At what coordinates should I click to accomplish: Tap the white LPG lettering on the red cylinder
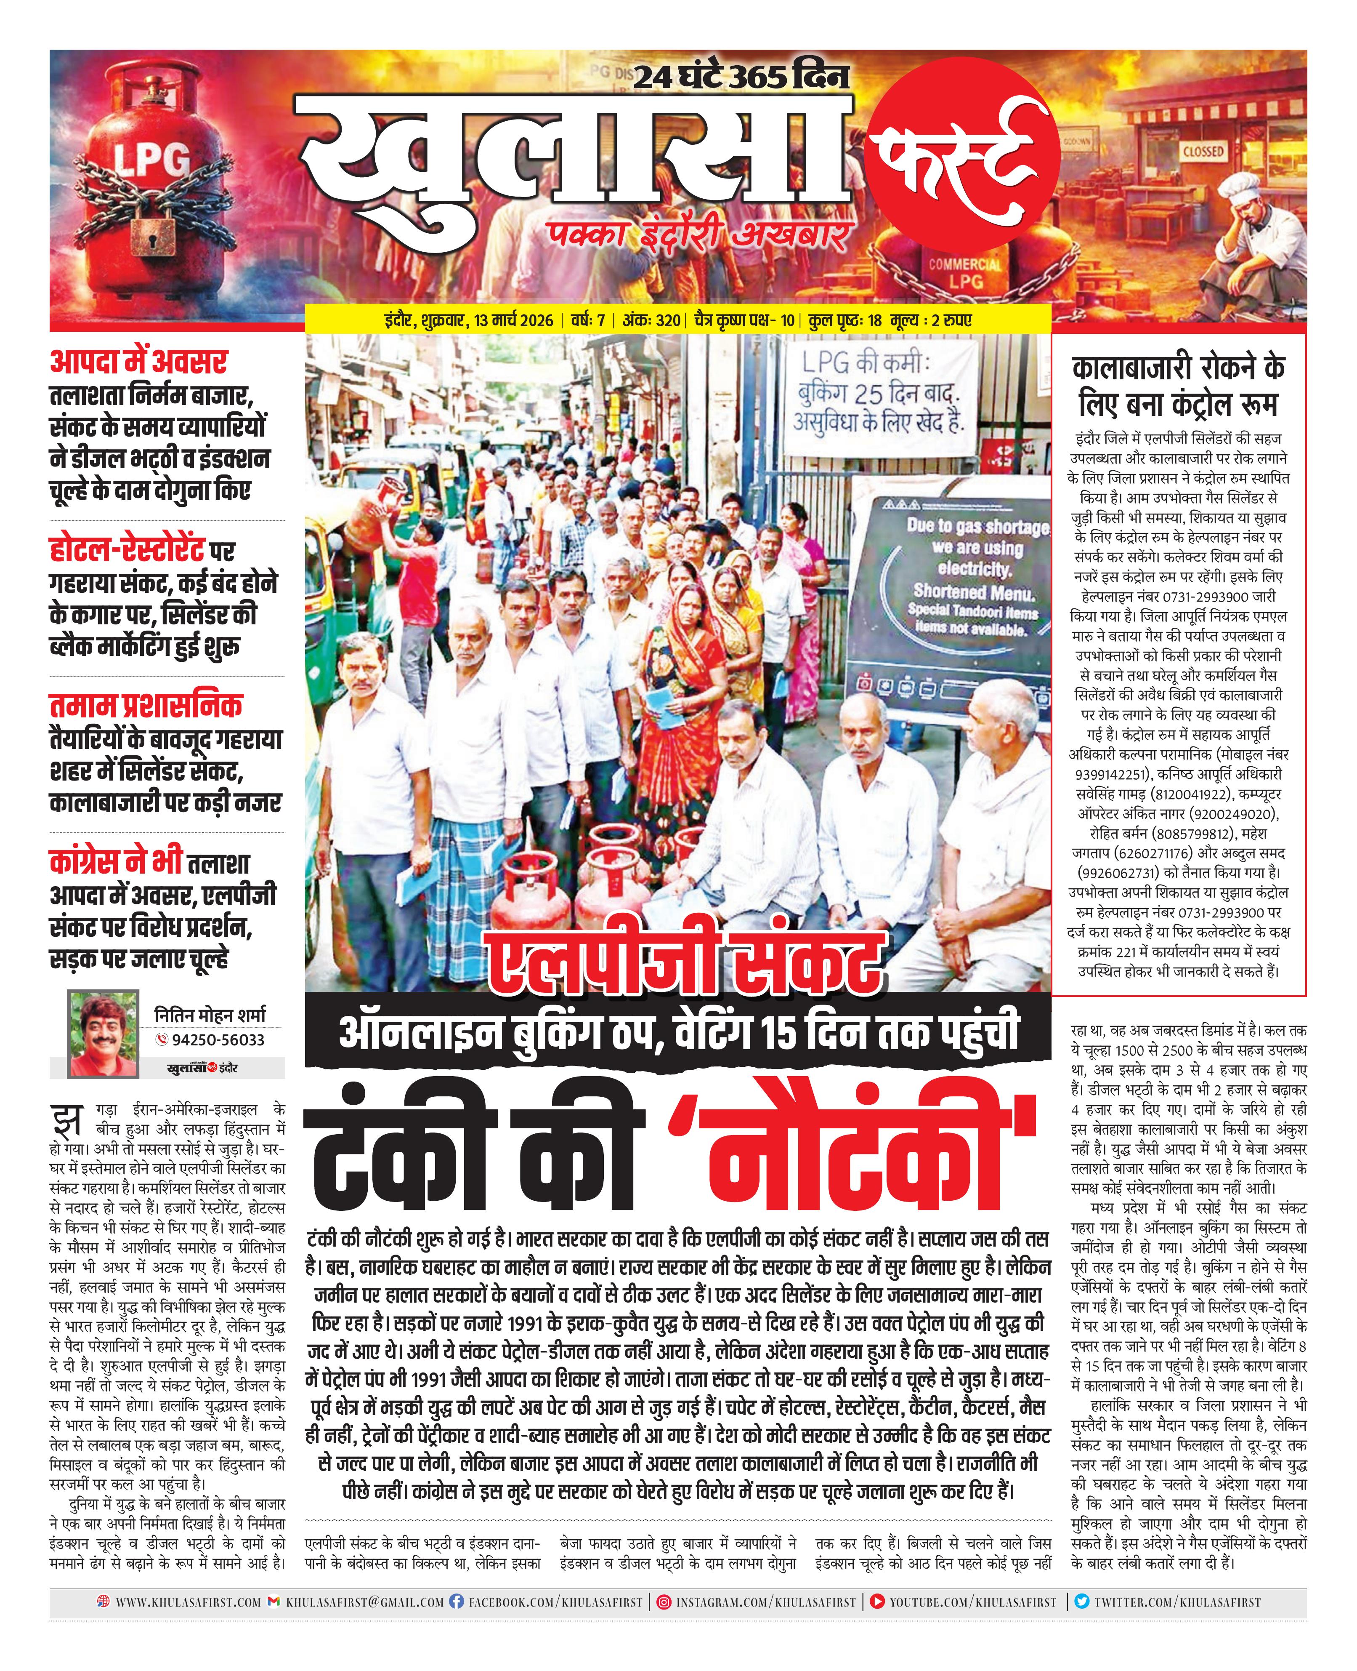(152, 162)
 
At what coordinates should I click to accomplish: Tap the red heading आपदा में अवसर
(138, 362)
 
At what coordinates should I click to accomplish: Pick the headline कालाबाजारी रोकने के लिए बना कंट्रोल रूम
(1178, 386)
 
